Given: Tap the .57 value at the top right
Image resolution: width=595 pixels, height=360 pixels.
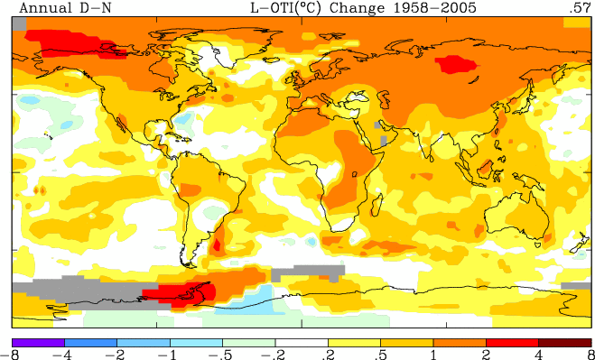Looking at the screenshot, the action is click(580, 7).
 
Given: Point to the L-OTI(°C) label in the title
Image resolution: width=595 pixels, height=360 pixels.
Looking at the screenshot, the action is click(286, 8).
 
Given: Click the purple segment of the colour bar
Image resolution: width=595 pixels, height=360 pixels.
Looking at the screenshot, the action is click(38, 343).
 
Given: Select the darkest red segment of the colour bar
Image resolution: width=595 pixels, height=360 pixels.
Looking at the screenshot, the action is click(564, 343).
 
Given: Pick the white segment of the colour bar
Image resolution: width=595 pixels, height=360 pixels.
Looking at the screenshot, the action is click(302, 343).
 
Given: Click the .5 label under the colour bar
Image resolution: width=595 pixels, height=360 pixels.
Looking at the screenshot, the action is click(380, 355).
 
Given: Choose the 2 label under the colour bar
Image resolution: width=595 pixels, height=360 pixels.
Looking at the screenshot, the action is click(486, 355).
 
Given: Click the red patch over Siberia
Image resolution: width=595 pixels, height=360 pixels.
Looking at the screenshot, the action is click(455, 64).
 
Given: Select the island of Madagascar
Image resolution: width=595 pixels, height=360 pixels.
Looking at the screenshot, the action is click(376, 205).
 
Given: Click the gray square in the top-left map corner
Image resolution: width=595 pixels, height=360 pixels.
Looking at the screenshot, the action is click(19, 23).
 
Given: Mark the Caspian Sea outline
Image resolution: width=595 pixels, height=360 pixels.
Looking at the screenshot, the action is click(386, 99).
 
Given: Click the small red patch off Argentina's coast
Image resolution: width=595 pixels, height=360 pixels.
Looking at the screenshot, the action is click(217, 244).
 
